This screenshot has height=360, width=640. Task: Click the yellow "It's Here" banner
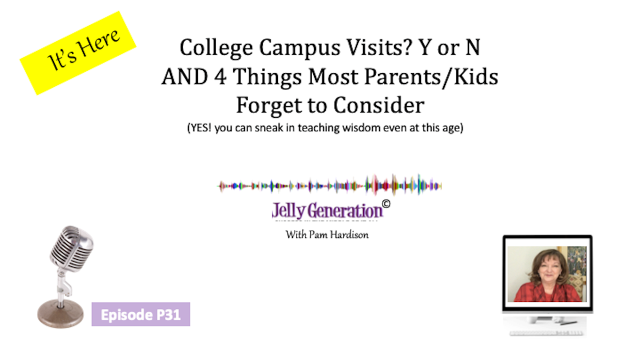click(x=78, y=53)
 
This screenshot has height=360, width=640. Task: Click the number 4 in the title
click(x=220, y=76)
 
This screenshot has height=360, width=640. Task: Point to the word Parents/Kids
click(x=431, y=77)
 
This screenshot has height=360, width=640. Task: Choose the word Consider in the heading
click(x=379, y=105)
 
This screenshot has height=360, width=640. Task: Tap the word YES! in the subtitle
click(x=199, y=127)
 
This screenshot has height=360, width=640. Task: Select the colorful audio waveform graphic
click(x=329, y=185)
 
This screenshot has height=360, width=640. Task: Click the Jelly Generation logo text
click(x=327, y=211)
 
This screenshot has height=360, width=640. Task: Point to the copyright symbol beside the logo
click(x=386, y=204)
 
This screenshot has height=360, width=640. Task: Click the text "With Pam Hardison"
click(x=327, y=235)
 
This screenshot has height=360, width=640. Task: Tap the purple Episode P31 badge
click(x=141, y=314)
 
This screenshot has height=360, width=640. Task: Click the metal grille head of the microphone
click(x=72, y=247)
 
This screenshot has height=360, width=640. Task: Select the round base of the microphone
click(x=60, y=313)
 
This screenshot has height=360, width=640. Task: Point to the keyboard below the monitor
click(x=546, y=333)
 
